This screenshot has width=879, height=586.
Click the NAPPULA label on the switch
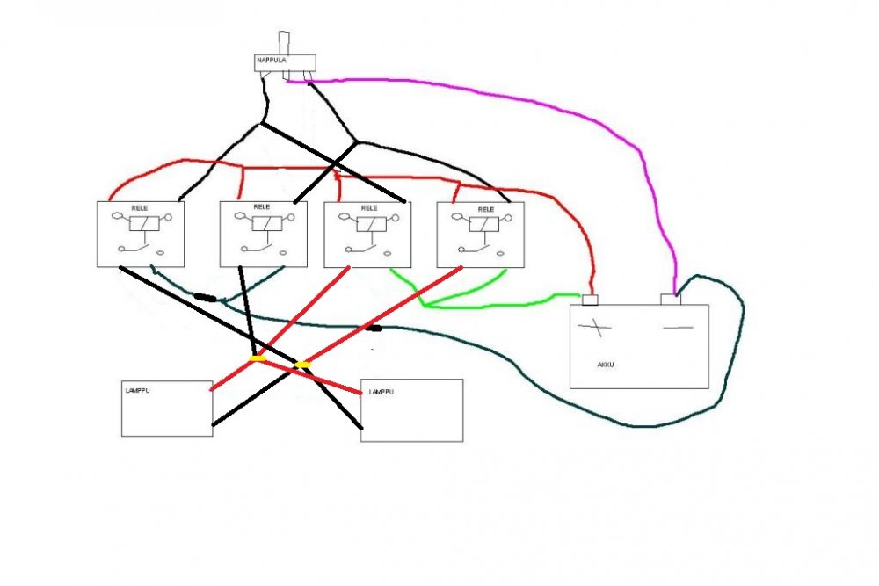point(272,60)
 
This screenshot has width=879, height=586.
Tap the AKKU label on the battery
point(606,365)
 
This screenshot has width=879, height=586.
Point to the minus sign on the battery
point(679,327)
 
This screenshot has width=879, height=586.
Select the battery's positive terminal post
point(590,300)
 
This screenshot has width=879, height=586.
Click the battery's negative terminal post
point(671,300)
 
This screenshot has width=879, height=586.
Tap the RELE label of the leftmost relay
point(140,208)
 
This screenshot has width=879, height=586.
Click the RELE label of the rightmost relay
point(486,209)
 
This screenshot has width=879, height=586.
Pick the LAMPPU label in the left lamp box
point(138,390)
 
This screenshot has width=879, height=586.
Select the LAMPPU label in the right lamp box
point(381,392)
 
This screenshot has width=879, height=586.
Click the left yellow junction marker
point(258,358)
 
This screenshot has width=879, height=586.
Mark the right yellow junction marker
point(302,365)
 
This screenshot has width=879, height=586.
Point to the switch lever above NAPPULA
point(284,43)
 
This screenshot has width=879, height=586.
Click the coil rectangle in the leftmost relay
point(144,223)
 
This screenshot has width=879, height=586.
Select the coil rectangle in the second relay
point(267,223)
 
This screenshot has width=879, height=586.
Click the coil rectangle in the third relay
point(371,224)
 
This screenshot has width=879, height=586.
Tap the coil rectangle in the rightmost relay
point(483,224)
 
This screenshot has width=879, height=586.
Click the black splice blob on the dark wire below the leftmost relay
point(206,298)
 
